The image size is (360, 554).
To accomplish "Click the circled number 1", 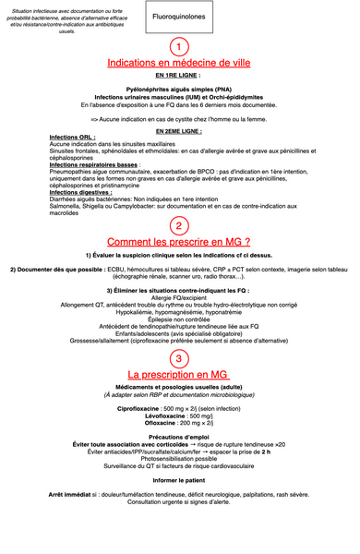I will coord(179,46).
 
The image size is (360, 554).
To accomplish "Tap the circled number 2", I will coord(179,226).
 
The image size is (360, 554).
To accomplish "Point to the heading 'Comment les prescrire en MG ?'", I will coord(179,242).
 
